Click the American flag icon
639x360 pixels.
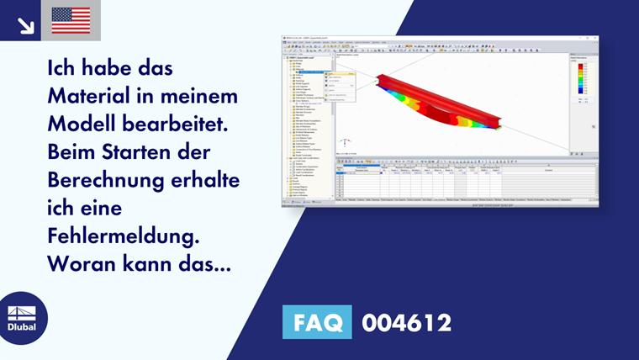(71, 20)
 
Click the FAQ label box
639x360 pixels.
(316, 322)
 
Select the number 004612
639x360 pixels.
(406, 322)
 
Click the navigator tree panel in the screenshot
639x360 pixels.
(308, 126)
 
